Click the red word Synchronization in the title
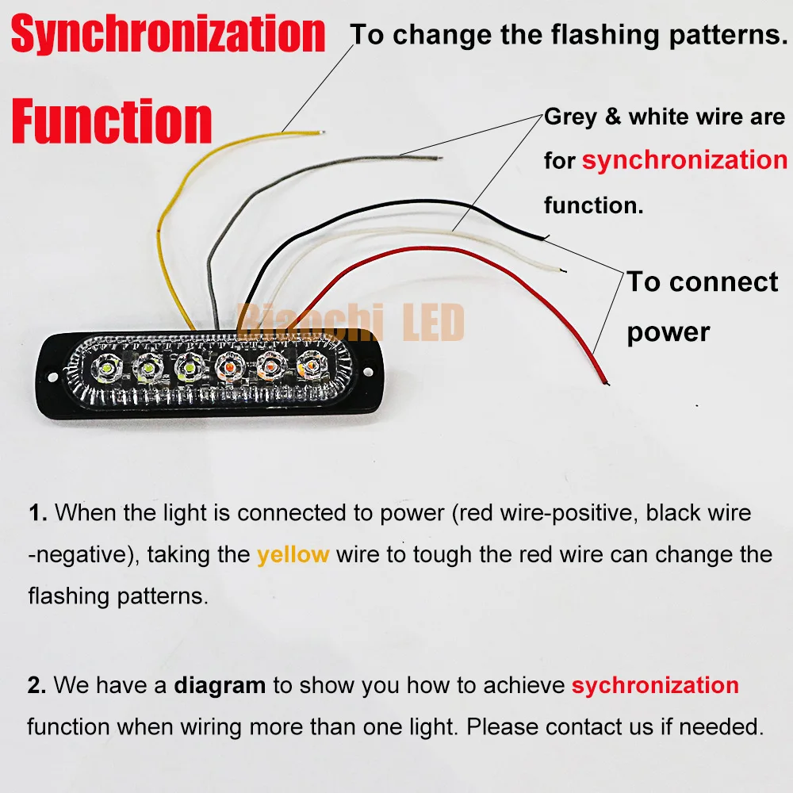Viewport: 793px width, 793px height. pyautogui.click(x=168, y=35)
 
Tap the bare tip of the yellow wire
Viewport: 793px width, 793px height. pyautogui.click(x=320, y=132)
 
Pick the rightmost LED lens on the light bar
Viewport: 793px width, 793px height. pyautogui.click(x=308, y=365)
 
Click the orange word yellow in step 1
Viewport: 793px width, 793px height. pyautogui.click(x=293, y=554)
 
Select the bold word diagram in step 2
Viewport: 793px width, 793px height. pyautogui.click(x=220, y=684)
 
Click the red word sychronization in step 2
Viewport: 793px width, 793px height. pyautogui.click(x=655, y=684)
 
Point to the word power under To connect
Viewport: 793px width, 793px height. pyautogui.click(x=668, y=331)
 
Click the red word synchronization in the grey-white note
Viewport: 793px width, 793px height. pyautogui.click(x=684, y=160)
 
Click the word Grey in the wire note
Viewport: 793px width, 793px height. pyautogui.click(x=570, y=117)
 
